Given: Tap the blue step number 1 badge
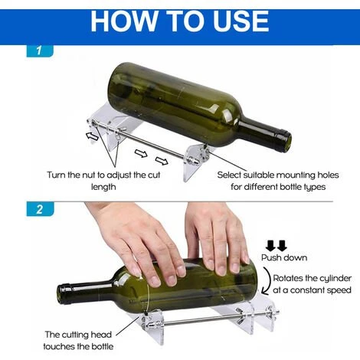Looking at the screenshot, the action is (x=40, y=51).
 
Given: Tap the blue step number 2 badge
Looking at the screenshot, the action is (x=40, y=209).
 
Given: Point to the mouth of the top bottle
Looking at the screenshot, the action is (x=287, y=141).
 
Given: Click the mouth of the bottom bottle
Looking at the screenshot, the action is (x=61, y=295).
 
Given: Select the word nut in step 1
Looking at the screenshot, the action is (x=90, y=175).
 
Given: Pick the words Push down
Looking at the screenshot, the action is (x=284, y=257).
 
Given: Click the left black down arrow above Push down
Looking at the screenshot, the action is (x=270, y=245).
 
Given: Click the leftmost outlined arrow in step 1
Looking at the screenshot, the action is (x=92, y=136).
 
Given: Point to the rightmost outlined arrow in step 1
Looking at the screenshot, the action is (x=162, y=161).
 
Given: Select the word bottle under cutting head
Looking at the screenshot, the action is (x=101, y=346).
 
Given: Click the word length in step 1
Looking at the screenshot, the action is (x=103, y=187).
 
